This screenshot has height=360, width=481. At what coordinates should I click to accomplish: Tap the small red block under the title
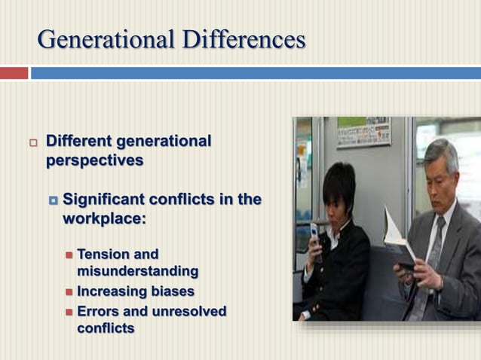click(x=14, y=73)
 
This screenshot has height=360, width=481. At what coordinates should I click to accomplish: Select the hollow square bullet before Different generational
click(x=32, y=142)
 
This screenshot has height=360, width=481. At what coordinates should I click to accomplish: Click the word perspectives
click(x=94, y=160)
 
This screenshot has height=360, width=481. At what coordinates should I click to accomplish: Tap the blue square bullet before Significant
click(x=53, y=200)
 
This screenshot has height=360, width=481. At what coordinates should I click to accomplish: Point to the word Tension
click(x=105, y=254)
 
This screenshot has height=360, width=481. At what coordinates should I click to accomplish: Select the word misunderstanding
click(x=137, y=270)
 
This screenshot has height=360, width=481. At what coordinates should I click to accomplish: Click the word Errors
click(x=98, y=311)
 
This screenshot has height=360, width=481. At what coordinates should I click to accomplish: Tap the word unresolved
click(x=188, y=311)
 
